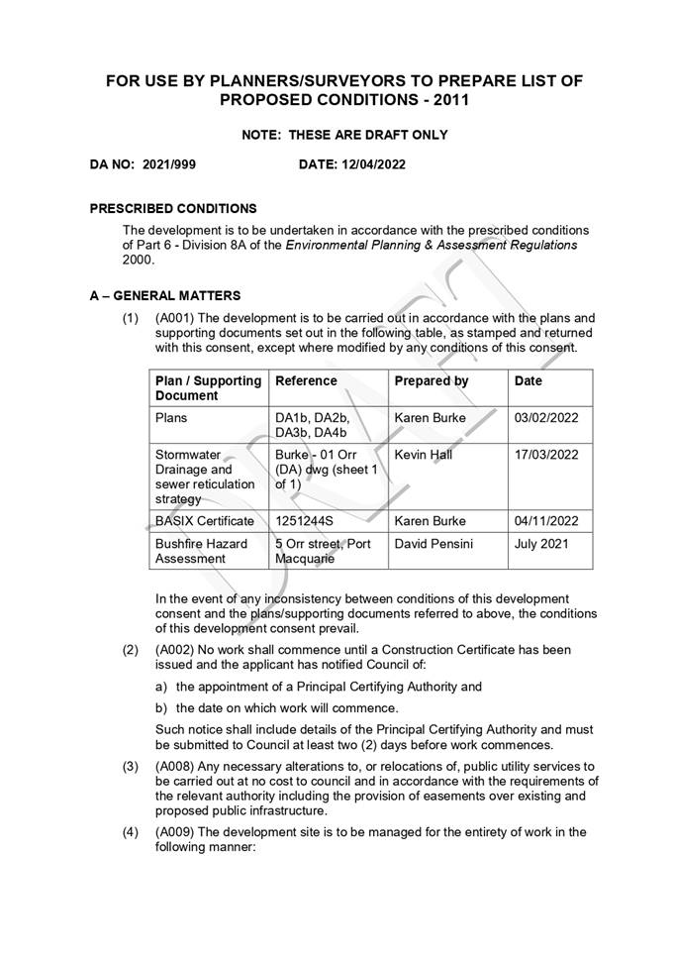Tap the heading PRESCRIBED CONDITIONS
173,209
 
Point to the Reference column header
306,380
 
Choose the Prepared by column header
432,380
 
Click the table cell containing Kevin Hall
423,455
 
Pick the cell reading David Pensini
433,544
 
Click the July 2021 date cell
541,544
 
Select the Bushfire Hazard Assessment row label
201,551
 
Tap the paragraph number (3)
130,766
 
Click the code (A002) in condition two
175,650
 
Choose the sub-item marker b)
161,707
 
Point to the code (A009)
175,832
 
